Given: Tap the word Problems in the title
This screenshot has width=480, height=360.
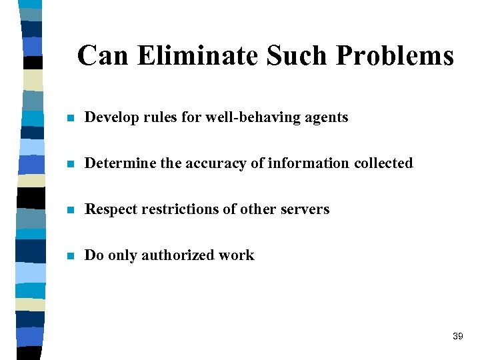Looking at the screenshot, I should (x=395, y=56).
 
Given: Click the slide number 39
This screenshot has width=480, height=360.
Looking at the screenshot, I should (x=457, y=337).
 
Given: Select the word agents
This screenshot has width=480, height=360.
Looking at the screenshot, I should (x=327, y=119).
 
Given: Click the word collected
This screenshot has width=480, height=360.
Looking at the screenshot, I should (x=383, y=163).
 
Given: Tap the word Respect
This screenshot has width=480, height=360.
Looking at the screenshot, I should (x=111, y=210).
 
